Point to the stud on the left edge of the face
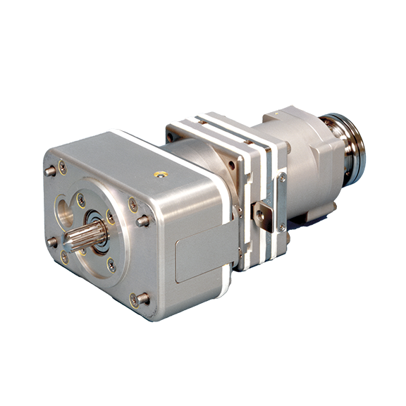(x=51, y=242)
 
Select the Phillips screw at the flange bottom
(x=111, y=265)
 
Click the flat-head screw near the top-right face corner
(x=133, y=204)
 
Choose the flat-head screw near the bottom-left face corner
(x=65, y=257)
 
